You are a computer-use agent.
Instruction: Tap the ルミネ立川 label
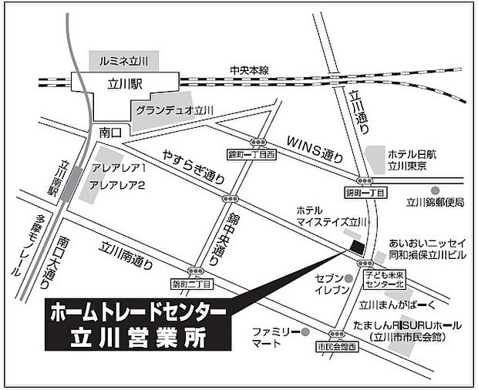tap(123, 59)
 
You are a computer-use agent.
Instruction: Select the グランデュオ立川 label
tap(175, 110)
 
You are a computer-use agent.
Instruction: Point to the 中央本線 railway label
tap(250, 70)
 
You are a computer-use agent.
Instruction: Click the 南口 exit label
tap(111, 133)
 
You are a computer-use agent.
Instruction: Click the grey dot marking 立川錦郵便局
tap(436, 190)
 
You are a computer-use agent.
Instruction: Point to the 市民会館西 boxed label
tap(337, 347)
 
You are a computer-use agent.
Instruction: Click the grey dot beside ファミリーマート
tap(307, 332)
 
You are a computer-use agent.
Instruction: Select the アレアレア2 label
tap(118, 185)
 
